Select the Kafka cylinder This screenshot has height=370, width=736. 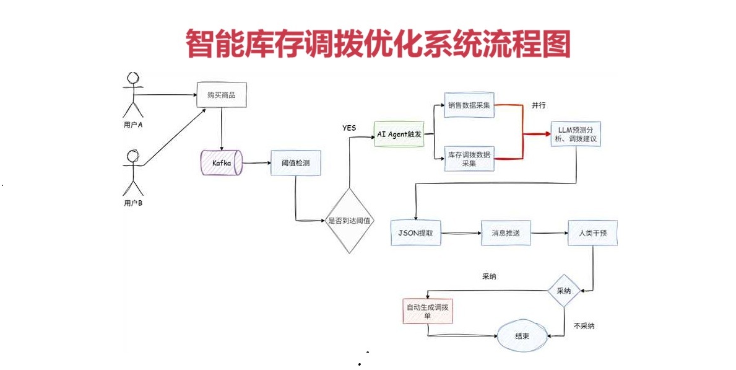tap(221, 162)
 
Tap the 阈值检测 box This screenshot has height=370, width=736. tap(296, 163)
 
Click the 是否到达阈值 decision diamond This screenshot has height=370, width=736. tap(350, 220)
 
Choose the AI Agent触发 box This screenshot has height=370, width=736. tap(399, 134)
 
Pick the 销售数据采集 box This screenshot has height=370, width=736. tap(469, 105)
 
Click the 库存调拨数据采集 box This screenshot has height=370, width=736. tap(469, 159)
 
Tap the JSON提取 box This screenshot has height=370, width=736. tap(416, 232)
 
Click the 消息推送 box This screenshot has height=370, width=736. tap(507, 233)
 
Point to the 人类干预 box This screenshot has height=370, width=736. tap(592, 233)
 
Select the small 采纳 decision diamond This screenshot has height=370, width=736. tap(563, 291)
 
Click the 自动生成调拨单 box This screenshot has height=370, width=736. tap(427, 311)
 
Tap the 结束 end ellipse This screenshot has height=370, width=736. tap(522, 336)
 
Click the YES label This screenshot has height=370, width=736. tap(349, 128)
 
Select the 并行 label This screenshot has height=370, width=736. tap(539, 105)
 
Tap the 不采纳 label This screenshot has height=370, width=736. tap(584, 325)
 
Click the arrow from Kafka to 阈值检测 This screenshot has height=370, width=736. tap(256, 163)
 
